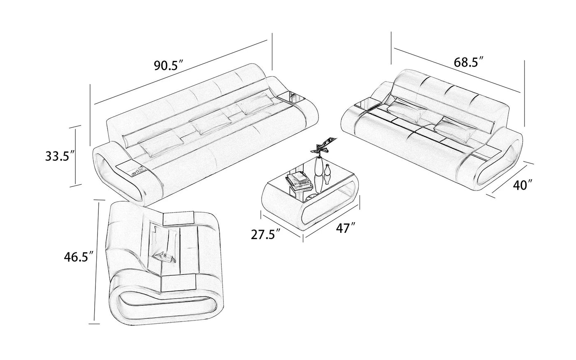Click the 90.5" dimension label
point(168,65)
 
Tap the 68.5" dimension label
point(469,62)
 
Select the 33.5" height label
point(60,156)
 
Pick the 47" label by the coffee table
point(346,228)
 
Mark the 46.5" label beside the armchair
point(79,257)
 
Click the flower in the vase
point(323,146)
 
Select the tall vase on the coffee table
point(319,175)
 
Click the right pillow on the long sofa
point(255,104)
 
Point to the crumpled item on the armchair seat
point(164,258)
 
